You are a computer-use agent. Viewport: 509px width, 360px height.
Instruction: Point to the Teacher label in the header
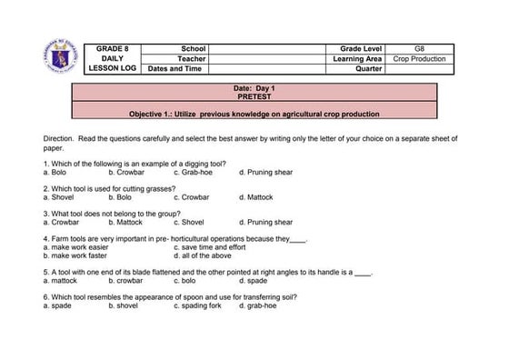point(193,58)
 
